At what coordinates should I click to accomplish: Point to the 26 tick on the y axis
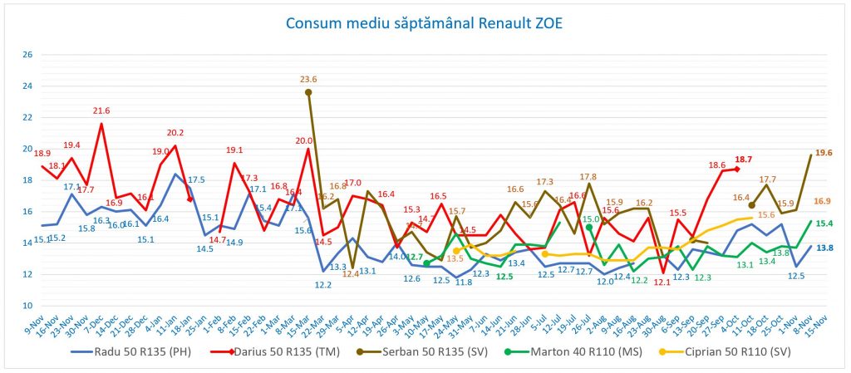coord(27,55)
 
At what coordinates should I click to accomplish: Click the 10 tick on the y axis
coord(27,306)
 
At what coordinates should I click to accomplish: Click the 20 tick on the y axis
coord(27,149)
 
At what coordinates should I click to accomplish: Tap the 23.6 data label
coord(308,80)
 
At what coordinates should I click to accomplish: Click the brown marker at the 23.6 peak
coord(308,92)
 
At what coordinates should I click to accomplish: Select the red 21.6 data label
coord(101,110)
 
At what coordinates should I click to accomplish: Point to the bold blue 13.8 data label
coord(824,248)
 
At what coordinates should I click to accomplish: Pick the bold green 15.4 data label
coord(824,223)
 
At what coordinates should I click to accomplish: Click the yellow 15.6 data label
coord(766,215)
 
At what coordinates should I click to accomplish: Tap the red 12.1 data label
coord(662,282)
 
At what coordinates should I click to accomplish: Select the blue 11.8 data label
coord(464,282)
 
